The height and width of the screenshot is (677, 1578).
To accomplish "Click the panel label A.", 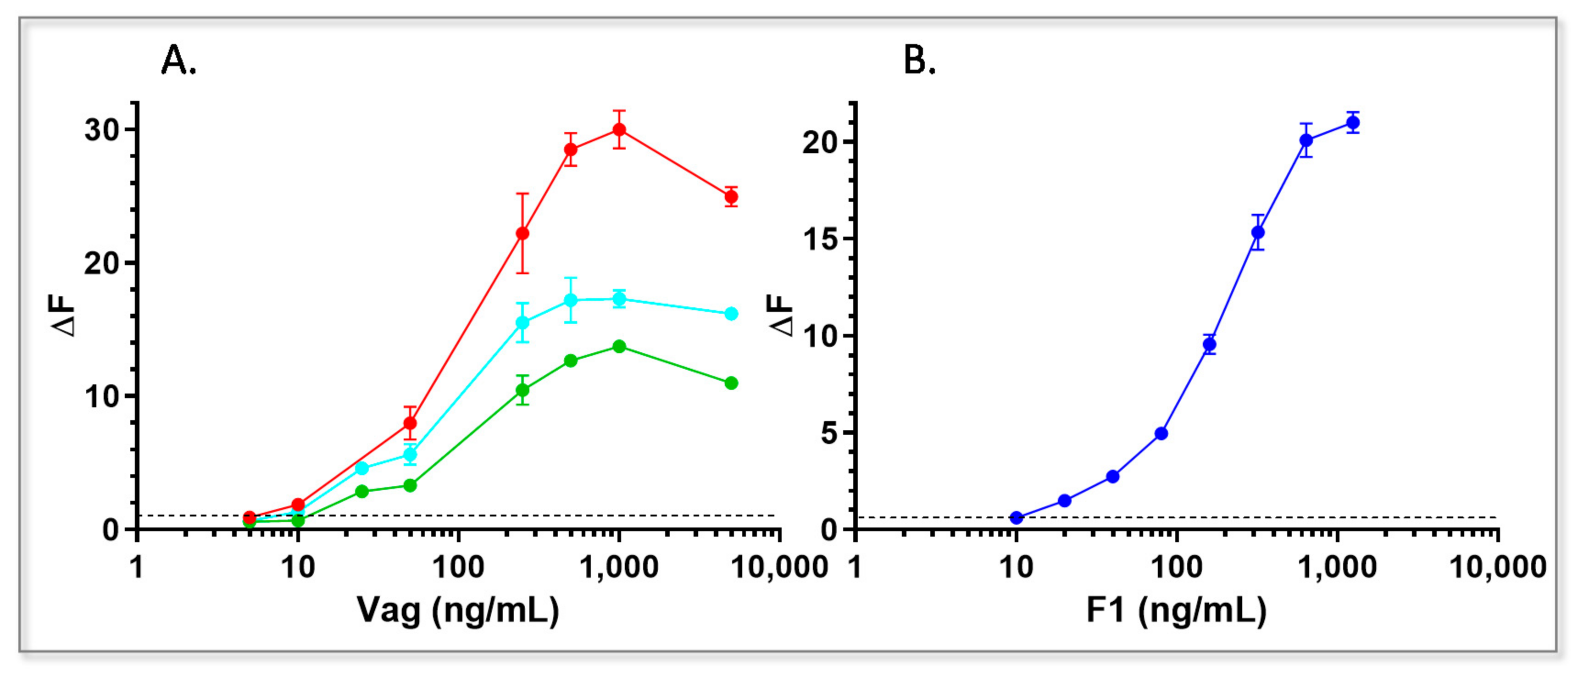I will pyautogui.click(x=178, y=61).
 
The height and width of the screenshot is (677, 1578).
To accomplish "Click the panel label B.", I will pyautogui.click(x=919, y=61).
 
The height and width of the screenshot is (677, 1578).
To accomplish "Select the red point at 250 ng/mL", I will pyautogui.click(x=522, y=233).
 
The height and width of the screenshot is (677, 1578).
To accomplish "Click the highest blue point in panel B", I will pyautogui.click(x=1353, y=122).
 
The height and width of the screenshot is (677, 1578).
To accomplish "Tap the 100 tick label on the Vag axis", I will pyautogui.click(x=458, y=568).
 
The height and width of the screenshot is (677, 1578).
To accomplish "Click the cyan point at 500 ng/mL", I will pyautogui.click(x=570, y=300).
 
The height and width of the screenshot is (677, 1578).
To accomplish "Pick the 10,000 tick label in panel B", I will pyautogui.click(x=1497, y=568).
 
